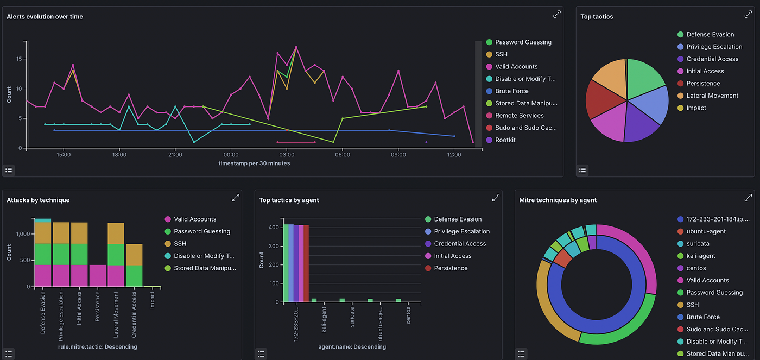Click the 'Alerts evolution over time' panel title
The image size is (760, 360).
pos(45,17)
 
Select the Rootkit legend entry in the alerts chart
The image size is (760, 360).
pos(505,140)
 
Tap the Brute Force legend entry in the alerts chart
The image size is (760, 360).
pos(511,91)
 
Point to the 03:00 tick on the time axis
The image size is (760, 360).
pos(287,155)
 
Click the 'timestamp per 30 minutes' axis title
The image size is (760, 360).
pos(254,163)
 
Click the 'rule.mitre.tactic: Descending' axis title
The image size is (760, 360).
pos(97,346)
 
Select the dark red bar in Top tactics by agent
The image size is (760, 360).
pos(306,263)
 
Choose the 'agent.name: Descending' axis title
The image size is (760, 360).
pos(352,346)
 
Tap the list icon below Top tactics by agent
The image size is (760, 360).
pos(261,353)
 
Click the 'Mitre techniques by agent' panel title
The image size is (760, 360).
pos(558,200)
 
